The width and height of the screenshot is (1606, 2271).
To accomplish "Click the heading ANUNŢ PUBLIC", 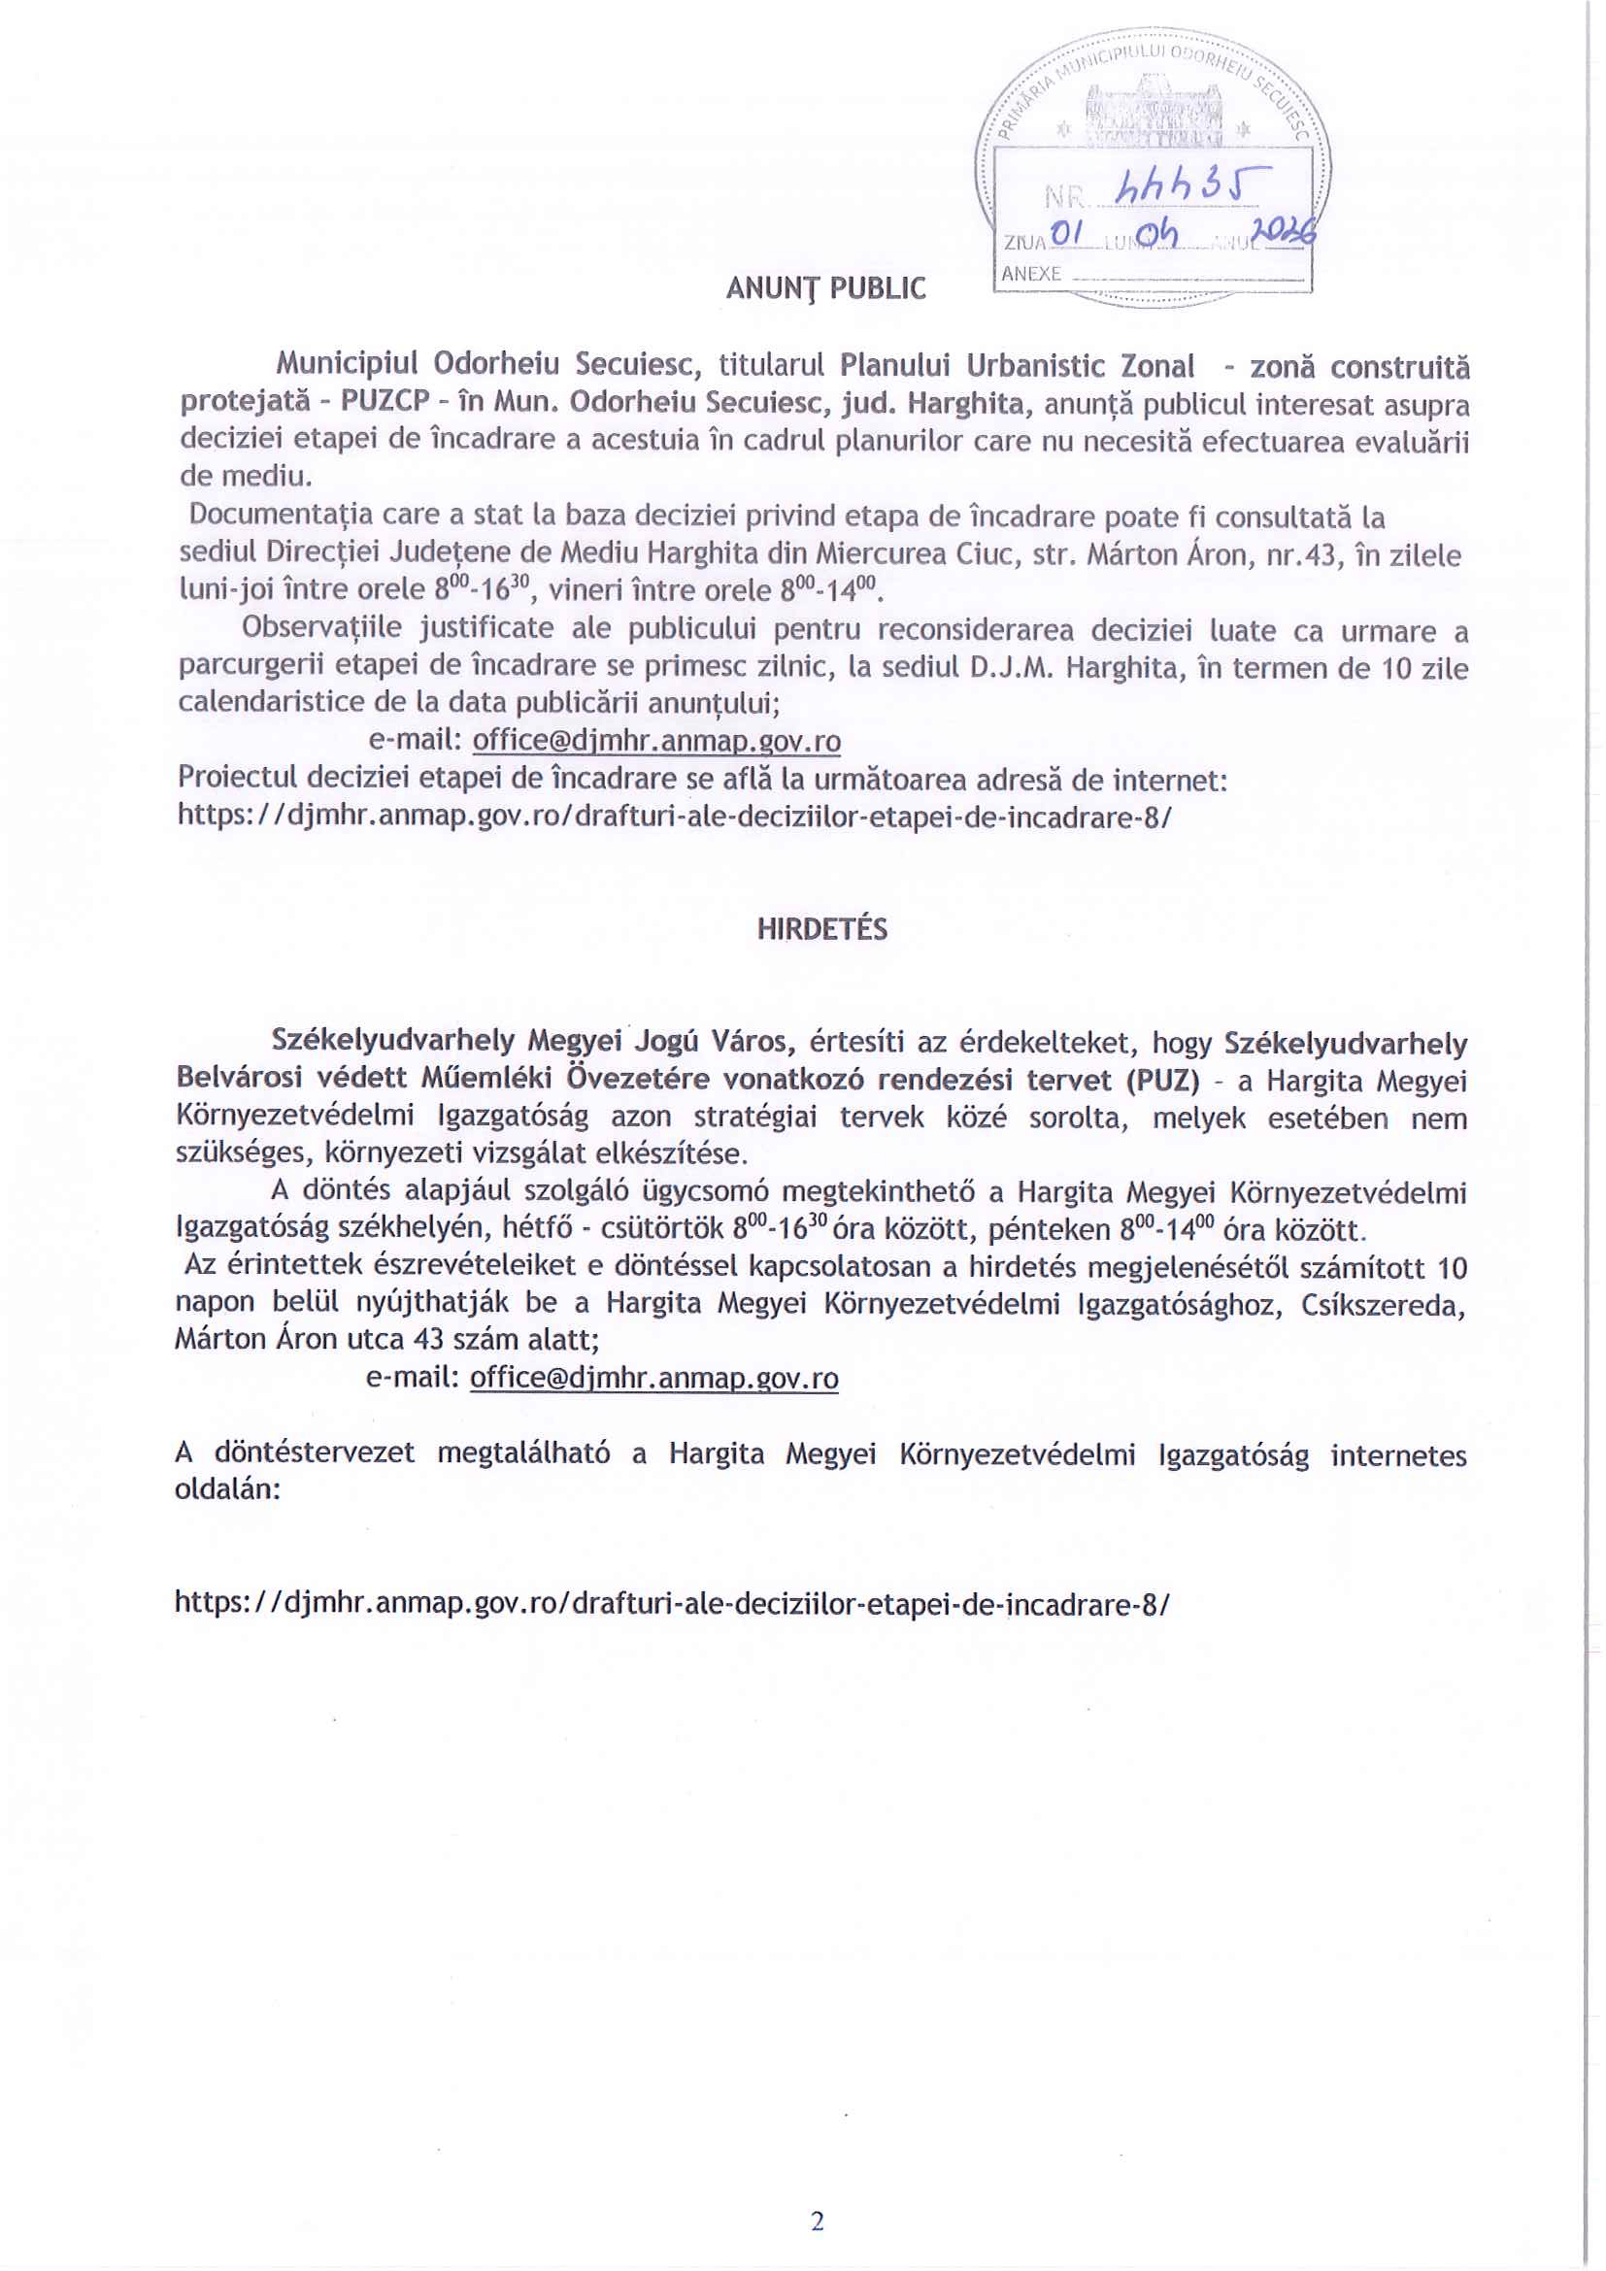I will pos(825,287).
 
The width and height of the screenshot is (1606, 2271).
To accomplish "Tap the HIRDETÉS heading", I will pos(821,929).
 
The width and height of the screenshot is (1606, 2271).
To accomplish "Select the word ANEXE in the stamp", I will pos(1030,274).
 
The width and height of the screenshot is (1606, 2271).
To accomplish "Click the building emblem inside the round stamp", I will pos(1154,117).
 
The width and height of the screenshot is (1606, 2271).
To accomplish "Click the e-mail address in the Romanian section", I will pos(656,741).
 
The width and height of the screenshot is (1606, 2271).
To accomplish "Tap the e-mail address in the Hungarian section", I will pos(653,1378).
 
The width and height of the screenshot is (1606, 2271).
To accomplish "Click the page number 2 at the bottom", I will pos(817,2221).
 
